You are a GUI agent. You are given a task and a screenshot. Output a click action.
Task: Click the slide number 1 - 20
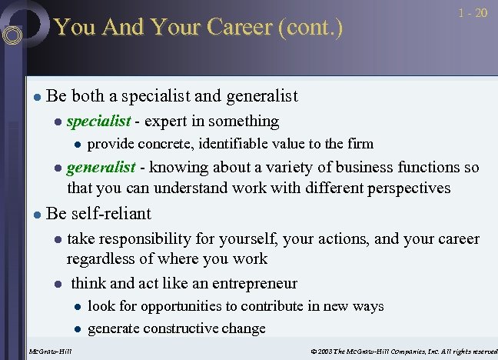point(472,14)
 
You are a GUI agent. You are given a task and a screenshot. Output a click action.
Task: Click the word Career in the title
point(236,28)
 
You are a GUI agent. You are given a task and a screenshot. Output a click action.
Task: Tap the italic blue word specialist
point(98,121)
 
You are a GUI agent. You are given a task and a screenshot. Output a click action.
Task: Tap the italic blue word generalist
point(101,168)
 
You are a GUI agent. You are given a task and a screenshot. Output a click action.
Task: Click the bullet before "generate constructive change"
point(77,329)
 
